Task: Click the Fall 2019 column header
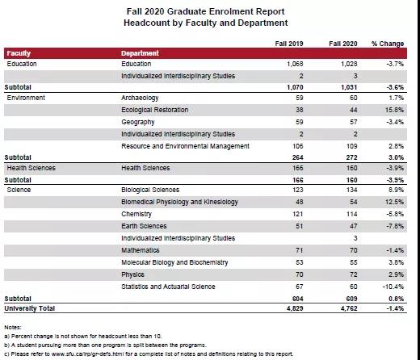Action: click(x=289, y=44)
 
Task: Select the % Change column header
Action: click(x=388, y=44)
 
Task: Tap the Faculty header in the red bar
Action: click(x=19, y=53)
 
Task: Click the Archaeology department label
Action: click(x=140, y=98)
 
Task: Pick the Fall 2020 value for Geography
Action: click(x=354, y=122)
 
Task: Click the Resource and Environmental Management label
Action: click(x=185, y=146)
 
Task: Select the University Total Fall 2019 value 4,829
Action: click(x=295, y=308)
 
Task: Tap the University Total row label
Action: click(x=30, y=308)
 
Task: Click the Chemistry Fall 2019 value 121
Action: click(x=298, y=214)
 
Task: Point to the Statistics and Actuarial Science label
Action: click(x=168, y=287)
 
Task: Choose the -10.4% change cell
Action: click(x=393, y=287)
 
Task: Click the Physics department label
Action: click(x=132, y=274)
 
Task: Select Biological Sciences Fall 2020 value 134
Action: click(x=352, y=190)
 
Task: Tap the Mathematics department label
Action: click(x=141, y=250)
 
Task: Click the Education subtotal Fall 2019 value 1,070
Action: click(x=295, y=87)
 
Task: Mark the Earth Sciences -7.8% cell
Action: click(x=395, y=226)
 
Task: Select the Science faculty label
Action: click(x=19, y=190)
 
